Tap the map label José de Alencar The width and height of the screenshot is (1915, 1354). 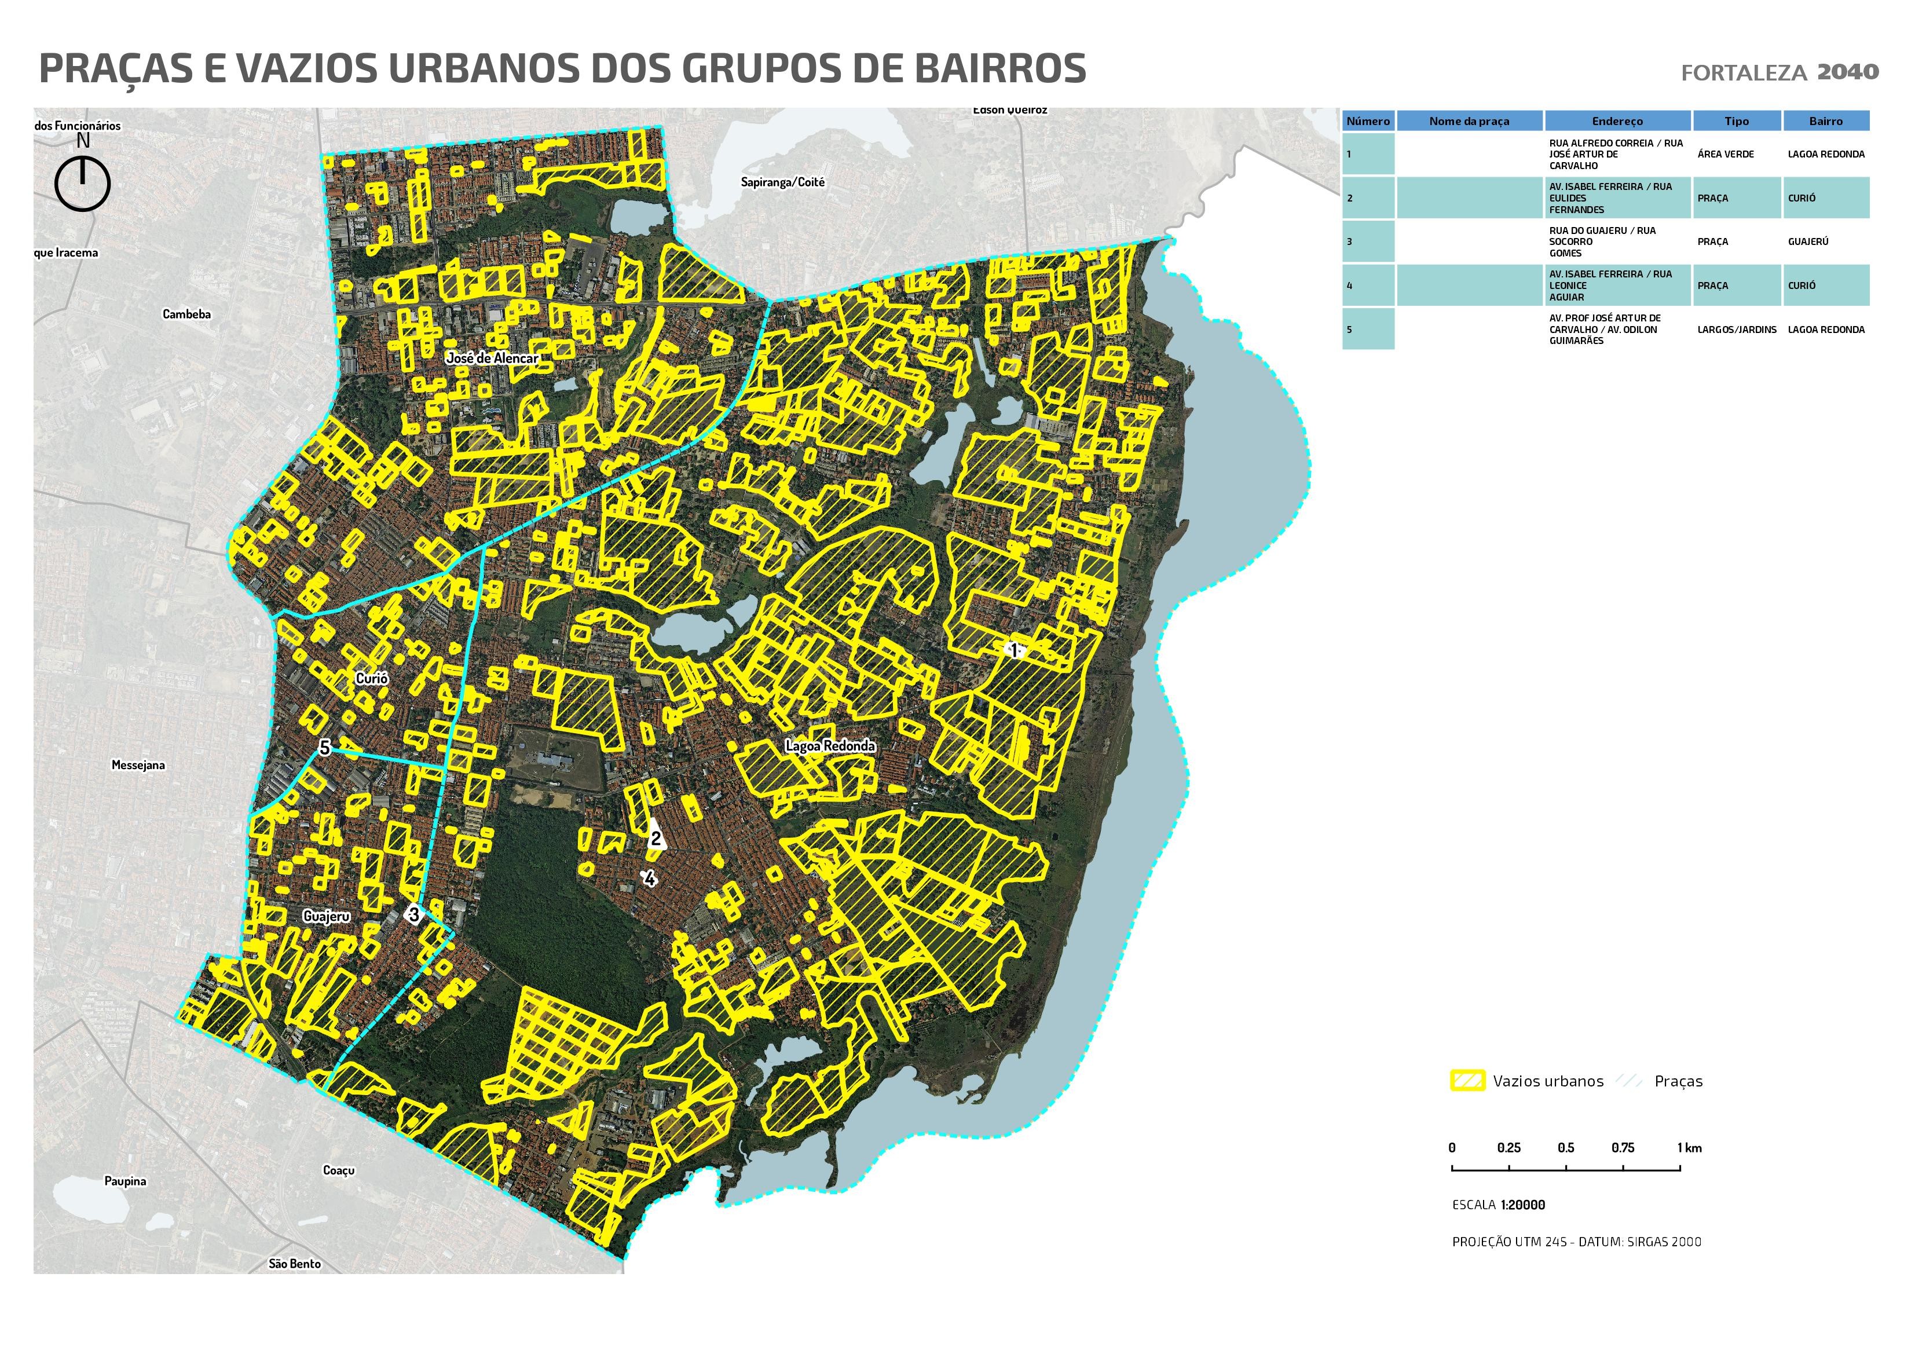(x=492, y=358)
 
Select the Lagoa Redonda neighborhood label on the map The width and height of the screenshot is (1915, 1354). (x=831, y=746)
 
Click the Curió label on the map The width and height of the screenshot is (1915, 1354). (x=372, y=678)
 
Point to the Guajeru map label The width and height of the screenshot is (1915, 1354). (x=326, y=916)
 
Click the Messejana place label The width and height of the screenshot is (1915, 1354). (x=138, y=765)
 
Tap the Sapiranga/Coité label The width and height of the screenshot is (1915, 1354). (x=782, y=182)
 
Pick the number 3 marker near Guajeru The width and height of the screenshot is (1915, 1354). (x=413, y=914)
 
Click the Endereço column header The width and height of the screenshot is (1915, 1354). (x=1617, y=121)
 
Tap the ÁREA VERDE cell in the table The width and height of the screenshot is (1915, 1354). (x=1726, y=155)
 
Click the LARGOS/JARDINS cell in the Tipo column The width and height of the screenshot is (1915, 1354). (x=1737, y=330)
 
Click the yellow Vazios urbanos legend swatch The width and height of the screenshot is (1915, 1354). (x=1467, y=1081)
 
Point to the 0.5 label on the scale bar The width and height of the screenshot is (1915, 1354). (x=1566, y=1148)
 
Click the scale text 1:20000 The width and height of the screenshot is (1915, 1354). (x=1522, y=1205)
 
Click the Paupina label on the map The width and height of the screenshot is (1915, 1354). (x=125, y=1181)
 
